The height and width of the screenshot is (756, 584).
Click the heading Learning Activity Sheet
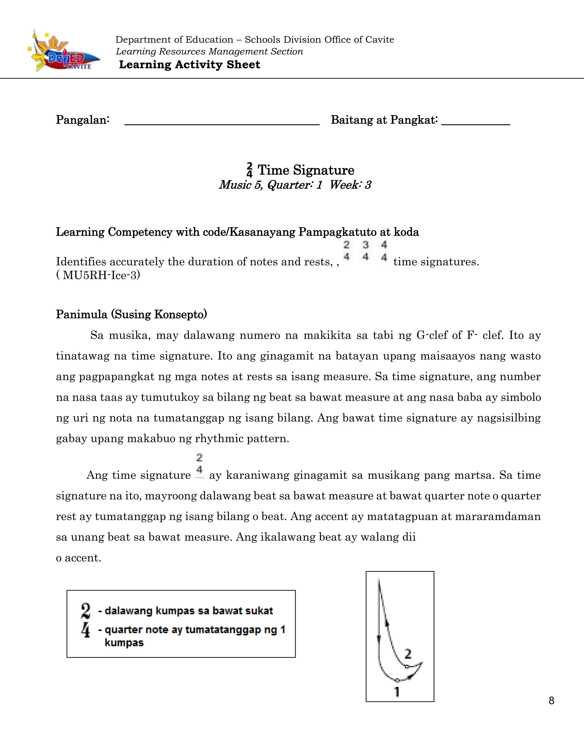tap(189, 65)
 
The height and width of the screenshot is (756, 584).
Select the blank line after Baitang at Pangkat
tap(475, 121)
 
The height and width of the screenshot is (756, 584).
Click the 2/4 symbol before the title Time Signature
tap(250, 170)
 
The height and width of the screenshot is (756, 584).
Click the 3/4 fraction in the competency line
tap(365, 250)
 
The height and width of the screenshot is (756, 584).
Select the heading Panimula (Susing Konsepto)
tap(131, 314)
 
